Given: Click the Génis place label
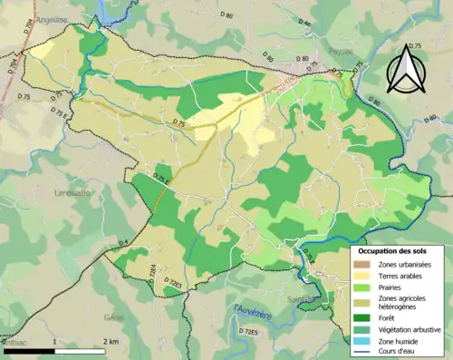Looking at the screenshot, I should [x=115, y=316].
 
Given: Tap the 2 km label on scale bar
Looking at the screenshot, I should [x=111, y=341].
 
